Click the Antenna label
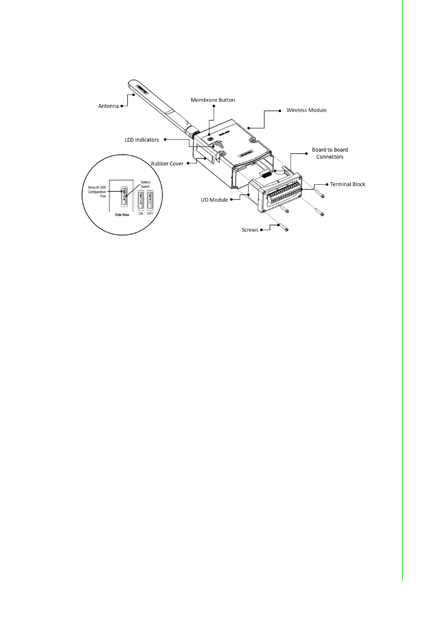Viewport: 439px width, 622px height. click(x=108, y=106)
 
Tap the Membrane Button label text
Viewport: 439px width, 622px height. click(x=213, y=100)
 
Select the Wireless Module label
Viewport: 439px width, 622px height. click(x=306, y=110)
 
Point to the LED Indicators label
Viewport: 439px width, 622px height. click(x=142, y=140)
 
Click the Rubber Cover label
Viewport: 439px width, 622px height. click(x=167, y=164)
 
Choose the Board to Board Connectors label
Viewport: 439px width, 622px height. click(x=330, y=153)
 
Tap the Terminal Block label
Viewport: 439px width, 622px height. click(x=348, y=184)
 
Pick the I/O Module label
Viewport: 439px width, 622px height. click(x=214, y=200)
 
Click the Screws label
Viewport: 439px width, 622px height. click(x=250, y=230)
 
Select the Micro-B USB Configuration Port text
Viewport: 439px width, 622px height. click(x=97, y=192)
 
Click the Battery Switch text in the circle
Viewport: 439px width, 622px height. click(x=145, y=184)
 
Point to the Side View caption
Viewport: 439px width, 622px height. click(x=122, y=215)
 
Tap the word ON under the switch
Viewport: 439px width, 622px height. click(x=141, y=213)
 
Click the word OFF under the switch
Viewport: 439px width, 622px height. click(x=150, y=213)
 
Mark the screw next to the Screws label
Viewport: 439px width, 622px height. click(x=283, y=228)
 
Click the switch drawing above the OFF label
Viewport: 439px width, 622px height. click(x=150, y=201)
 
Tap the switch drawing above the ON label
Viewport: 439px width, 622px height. click(x=141, y=201)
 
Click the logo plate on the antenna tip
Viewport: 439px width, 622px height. click(x=142, y=89)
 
